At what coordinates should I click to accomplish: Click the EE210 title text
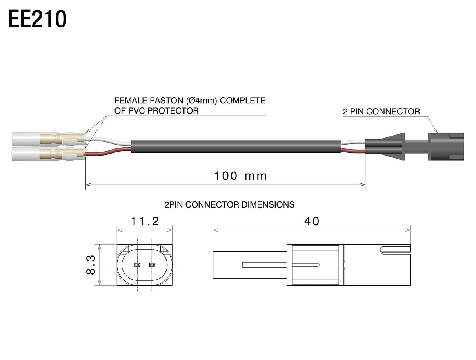pyautogui.click(x=37, y=19)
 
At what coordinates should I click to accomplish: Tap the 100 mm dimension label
pyautogui.click(x=240, y=176)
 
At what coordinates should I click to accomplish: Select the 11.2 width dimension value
pyautogui.click(x=145, y=221)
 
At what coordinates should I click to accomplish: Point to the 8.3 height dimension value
pyautogui.click(x=91, y=265)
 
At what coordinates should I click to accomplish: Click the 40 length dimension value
pyautogui.click(x=312, y=221)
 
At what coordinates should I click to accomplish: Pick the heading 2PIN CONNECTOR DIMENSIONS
pyautogui.click(x=229, y=205)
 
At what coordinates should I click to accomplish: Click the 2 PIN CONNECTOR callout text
pyautogui.click(x=381, y=112)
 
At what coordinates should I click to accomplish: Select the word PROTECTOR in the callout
pyautogui.click(x=173, y=111)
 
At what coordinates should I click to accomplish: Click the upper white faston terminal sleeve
pyautogui.click(x=49, y=139)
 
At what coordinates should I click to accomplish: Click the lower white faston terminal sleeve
pyautogui.click(x=49, y=154)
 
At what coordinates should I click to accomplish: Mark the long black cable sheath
pyautogui.click(x=236, y=147)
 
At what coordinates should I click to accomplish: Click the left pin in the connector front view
pyautogui.click(x=137, y=265)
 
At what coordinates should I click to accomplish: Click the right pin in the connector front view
pyautogui.click(x=152, y=265)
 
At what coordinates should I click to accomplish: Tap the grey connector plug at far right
pyautogui.click(x=446, y=147)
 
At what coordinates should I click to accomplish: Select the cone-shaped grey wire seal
pyautogui.click(x=385, y=147)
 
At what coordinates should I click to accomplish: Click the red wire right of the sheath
pyautogui.click(x=353, y=151)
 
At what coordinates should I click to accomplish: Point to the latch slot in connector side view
pyautogui.click(x=395, y=250)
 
